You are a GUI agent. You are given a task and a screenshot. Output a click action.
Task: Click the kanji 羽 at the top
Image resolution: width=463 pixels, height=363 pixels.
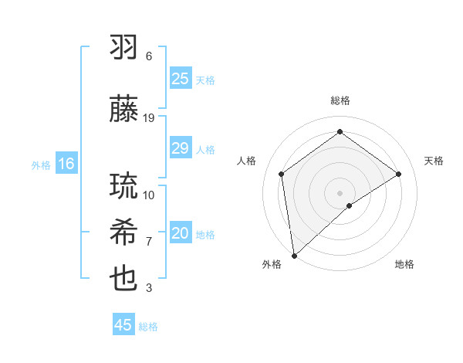[x=124, y=47]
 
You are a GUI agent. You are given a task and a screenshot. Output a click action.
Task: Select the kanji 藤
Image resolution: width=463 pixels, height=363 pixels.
[x=124, y=110]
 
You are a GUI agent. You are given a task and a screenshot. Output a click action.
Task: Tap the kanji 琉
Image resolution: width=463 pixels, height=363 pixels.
[x=124, y=186]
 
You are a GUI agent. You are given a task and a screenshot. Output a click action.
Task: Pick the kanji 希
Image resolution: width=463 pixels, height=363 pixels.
[x=124, y=232]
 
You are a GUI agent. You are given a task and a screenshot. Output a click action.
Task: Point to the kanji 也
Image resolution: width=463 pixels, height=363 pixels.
[x=124, y=279]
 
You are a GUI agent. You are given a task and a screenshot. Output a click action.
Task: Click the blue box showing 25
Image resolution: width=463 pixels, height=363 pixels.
[x=180, y=79]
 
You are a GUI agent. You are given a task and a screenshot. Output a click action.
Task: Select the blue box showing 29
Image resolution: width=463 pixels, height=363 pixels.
[x=180, y=148]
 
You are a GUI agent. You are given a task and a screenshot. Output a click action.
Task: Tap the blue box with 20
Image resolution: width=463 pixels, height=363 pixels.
[x=180, y=234]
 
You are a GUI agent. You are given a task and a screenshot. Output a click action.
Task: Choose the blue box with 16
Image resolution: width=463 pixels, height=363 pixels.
[x=66, y=164]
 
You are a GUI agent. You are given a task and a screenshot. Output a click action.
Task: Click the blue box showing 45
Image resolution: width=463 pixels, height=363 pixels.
[x=123, y=325]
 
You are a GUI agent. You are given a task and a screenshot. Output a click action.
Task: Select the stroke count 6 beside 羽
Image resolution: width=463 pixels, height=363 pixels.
[x=149, y=56]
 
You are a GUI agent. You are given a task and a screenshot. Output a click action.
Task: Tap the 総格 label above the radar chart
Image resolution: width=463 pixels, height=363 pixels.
[x=340, y=100]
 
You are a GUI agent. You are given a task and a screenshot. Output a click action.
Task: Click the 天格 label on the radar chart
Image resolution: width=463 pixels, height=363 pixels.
[x=434, y=161]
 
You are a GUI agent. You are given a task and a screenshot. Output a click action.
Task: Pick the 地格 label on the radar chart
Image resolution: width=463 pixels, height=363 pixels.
[x=404, y=264]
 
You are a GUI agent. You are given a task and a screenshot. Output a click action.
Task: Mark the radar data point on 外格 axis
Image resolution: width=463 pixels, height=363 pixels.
[x=293, y=255]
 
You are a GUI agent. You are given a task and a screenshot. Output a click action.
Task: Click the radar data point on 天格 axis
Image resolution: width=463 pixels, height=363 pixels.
[x=399, y=174]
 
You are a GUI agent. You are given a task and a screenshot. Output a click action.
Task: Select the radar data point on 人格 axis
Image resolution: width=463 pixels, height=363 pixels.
[x=282, y=174]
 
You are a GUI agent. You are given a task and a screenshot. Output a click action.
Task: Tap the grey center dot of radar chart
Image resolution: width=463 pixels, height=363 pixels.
[x=340, y=192]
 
